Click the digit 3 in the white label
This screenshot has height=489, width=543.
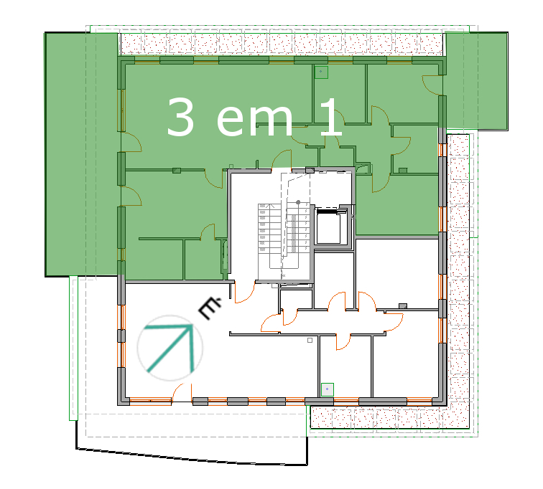(x=180, y=116)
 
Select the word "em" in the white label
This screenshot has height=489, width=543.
(x=254, y=120)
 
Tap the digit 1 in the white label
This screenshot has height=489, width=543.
(x=331, y=116)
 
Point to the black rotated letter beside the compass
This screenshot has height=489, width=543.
(x=210, y=308)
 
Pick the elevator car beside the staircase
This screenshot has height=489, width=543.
(x=328, y=226)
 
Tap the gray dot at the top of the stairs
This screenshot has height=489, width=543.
(x=298, y=202)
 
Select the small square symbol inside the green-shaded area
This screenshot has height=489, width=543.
(x=321, y=72)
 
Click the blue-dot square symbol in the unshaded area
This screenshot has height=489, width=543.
(x=328, y=389)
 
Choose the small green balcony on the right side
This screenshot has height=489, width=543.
(x=476, y=81)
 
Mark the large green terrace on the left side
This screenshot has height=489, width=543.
(x=82, y=154)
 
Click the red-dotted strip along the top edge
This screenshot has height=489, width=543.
(x=281, y=44)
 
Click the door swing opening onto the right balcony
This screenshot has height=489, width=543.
(x=432, y=85)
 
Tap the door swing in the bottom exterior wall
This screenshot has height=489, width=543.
(x=182, y=392)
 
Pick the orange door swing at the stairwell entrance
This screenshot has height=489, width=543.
(x=245, y=292)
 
